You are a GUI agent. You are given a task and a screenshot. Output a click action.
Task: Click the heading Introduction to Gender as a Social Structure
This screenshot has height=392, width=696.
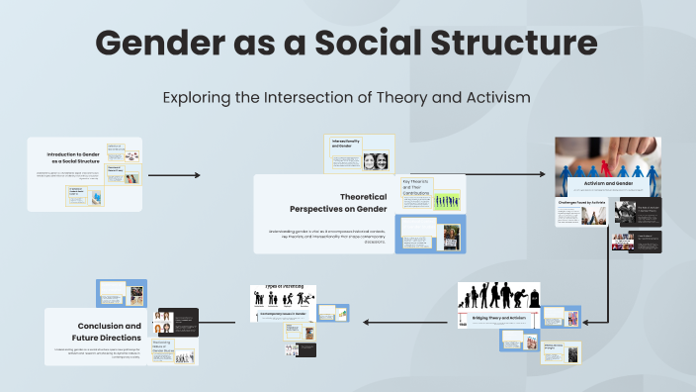pos(74,158)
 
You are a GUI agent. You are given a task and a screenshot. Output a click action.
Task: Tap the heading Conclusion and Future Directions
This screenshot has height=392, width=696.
pos(109,332)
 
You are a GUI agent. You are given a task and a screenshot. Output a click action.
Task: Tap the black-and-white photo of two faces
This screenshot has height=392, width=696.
pos(376,160)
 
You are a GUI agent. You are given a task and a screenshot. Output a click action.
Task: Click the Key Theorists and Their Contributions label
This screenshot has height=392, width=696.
pos(416,186)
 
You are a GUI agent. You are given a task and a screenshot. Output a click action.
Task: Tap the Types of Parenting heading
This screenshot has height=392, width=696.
pos(282,288)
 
